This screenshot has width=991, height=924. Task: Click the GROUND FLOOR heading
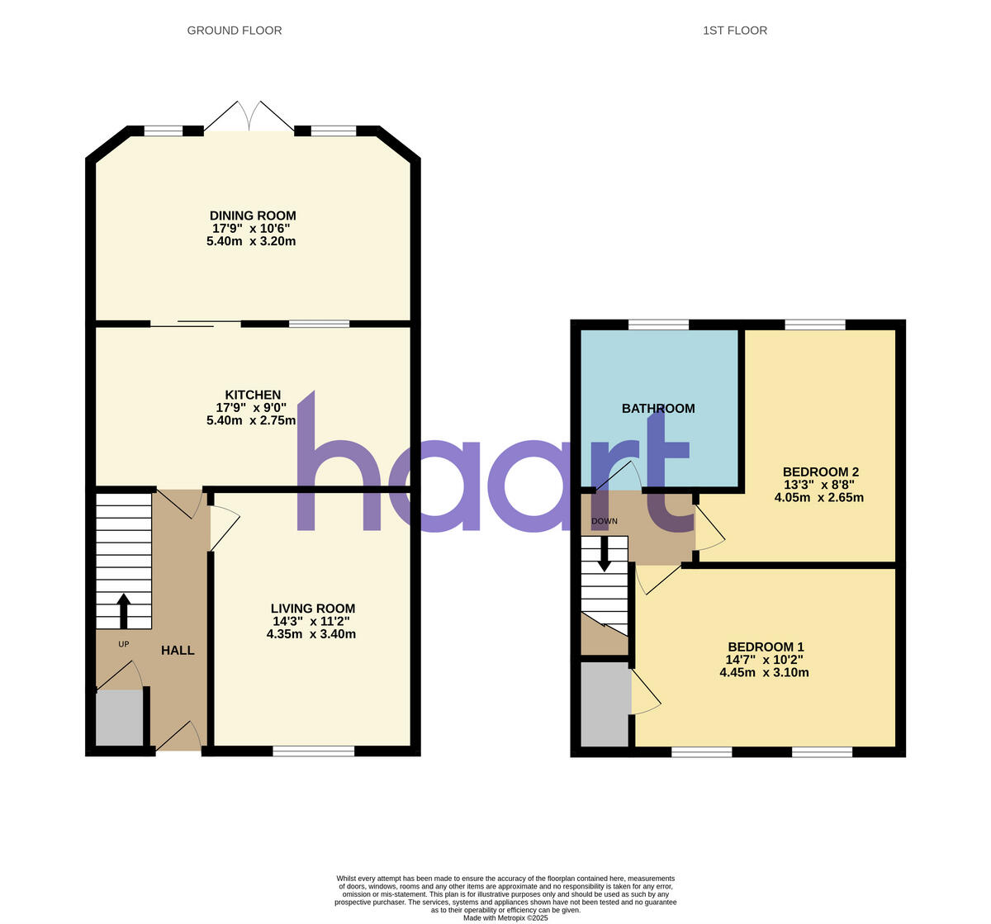(x=235, y=31)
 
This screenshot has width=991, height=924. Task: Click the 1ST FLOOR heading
(x=734, y=31)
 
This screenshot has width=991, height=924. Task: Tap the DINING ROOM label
(x=253, y=216)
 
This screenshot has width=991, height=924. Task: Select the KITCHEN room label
(x=253, y=395)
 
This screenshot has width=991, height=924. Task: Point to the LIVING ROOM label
(x=312, y=609)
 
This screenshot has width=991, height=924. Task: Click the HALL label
(x=178, y=651)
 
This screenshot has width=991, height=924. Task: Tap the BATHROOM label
(x=658, y=408)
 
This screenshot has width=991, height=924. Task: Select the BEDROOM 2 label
(x=820, y=472)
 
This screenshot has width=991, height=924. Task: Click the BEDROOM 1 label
(x=766, y=647)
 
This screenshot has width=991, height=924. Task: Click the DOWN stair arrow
(x=605, y=553)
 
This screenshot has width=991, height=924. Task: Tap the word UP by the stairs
(x=124, y=644)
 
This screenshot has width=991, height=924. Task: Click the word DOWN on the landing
(x=605, y=521)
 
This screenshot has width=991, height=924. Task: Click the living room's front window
(x=313, y=751)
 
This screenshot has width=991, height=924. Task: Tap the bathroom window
(x=658, y=325)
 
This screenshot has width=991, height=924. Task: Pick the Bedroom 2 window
(x=814, y=325)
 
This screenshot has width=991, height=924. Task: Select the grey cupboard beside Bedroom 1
(x=605, y=704)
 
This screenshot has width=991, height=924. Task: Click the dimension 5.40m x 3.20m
(x=251, y=242)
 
